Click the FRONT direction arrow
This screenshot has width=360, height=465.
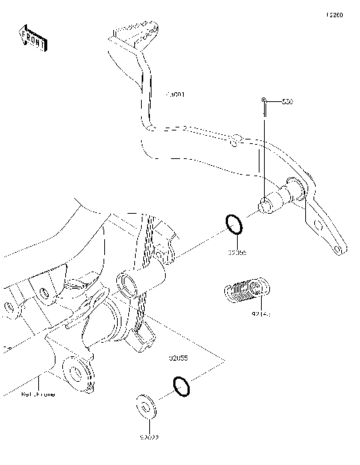pyautogui.click(x=32, y=38)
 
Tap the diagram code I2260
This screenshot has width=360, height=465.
pyautogui.click(x=333, y=14)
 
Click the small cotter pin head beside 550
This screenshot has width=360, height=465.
pyautogui.click(x=265, y=100)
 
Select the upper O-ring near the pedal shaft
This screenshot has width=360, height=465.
pyautogui.click(x=233, y=224)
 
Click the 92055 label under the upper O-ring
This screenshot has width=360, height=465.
pyautogui.click(x=238, y=253)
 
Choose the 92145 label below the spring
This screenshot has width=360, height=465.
pyautogui.click(x=261, y=316)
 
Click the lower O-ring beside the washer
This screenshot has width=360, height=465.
pyautogui.click(x=181, y=386)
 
